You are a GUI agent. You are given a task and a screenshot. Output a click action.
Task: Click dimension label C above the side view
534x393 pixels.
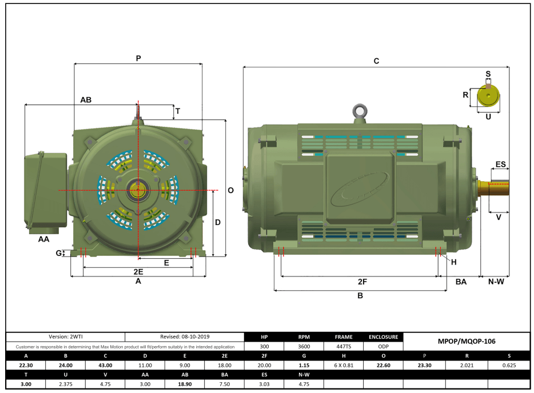(x=376, y=61)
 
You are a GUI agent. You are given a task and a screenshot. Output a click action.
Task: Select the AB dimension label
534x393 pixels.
(x=86, y=99)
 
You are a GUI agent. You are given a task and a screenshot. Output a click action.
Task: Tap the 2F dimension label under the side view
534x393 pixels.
(x=362, y=282)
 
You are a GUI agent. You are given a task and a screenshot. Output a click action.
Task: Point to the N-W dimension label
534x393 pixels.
(x=495, y=282)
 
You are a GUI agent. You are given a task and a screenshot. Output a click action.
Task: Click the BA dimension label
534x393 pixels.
(x=461, y=282)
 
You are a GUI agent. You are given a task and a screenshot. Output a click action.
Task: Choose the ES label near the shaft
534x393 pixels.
(x=500, y=165)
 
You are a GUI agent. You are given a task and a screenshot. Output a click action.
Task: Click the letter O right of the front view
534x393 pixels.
(x=230, y=190)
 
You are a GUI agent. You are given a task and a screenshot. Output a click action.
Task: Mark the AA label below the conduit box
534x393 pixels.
(x=43, y=239)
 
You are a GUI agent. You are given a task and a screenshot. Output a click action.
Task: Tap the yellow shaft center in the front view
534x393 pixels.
(x=138, y=190)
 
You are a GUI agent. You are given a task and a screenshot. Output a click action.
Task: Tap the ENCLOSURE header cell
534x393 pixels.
(x=383, y=337)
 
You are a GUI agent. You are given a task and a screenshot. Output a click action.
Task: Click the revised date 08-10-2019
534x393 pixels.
(x=184, y=337)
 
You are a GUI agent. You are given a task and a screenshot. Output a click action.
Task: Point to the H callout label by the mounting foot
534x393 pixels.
(x=453, y=262)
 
